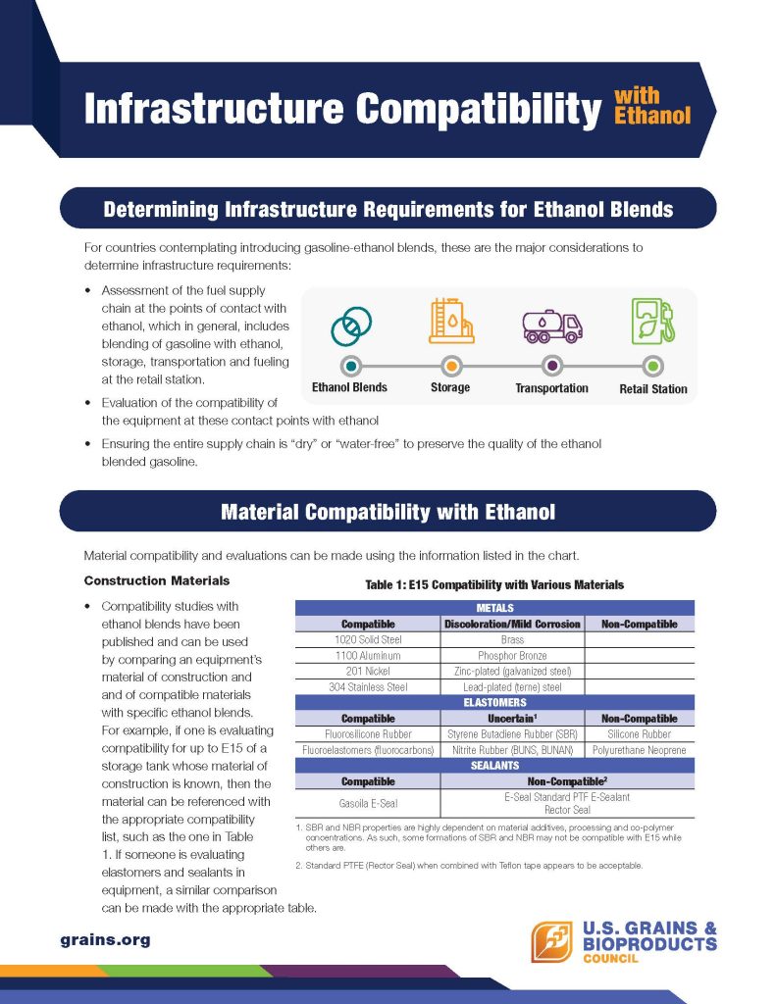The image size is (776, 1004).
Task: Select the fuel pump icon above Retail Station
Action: tap(652, 322)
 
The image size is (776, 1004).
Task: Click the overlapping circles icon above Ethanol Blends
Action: tap(349, 327)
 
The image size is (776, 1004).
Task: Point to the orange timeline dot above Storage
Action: tap(451, 366)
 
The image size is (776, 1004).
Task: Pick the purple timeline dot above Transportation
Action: tap(552, 366)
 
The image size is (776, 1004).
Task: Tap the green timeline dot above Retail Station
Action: tap(653, 366)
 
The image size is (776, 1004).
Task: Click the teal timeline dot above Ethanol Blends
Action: tap(350, 366)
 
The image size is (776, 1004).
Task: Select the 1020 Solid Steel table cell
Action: tap(367, 639)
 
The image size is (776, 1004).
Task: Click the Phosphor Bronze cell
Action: tap(513, 655)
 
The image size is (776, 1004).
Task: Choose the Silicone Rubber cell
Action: tap(640, 733)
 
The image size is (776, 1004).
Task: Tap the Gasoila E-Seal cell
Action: tap(367, 803)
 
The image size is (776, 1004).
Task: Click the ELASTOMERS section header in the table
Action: tap(494, 702)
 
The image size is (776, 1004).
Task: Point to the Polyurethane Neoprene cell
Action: tap(640, 749)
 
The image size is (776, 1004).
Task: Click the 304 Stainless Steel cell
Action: tap(367, 686)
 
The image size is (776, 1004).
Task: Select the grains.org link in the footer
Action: tap(105, 939)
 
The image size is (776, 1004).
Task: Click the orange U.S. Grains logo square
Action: tap(552, 942)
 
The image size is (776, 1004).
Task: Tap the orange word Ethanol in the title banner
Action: tap(652, 116)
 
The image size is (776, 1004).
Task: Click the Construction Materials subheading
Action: tap(157, 581)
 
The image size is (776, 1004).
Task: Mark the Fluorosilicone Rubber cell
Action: tap(367, 733)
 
